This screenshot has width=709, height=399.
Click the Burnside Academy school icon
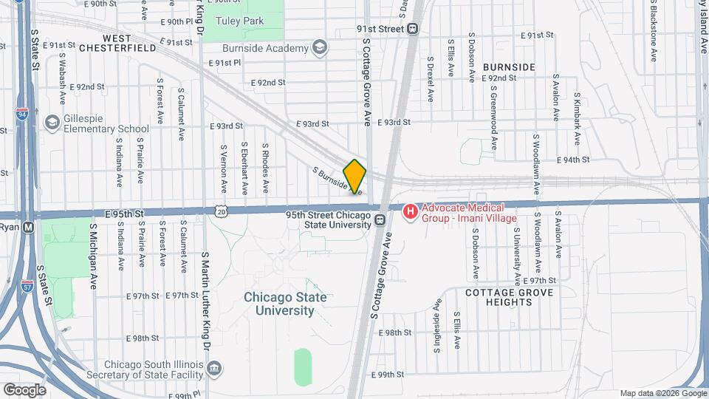pyautogui.click(x=320, y=49)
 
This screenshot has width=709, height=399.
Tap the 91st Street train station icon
pyautogui.click(x=413, y=29)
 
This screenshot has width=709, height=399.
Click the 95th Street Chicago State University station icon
pyautogui.click(x=380, y=219)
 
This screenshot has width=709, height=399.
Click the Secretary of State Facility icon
pyautogui.click(x=214, y=368)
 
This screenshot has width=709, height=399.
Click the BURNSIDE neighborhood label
pyautogui.click(x=509, y=66)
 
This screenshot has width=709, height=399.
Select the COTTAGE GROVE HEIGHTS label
pyautogui.click(x=509, y=298)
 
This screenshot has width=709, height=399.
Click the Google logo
pyautogui.click(x=24, y=389)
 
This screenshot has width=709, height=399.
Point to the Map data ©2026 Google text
pyautogui.click(x=662, y=393)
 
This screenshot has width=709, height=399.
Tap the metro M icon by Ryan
pyautogui.click(x=28, y=227)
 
